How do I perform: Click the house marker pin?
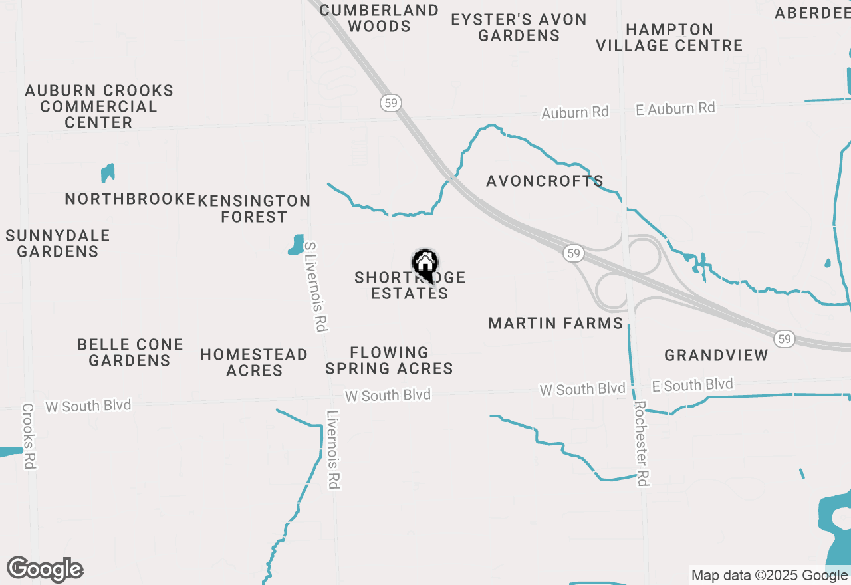point(425,265)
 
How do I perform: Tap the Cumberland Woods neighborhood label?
point(380,19)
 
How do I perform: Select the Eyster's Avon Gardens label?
point(519,27)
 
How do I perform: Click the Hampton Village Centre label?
point(669,37)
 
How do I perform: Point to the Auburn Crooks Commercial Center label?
point(99,106)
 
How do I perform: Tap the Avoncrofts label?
point(545,181)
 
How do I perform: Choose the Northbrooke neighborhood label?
point(130,199)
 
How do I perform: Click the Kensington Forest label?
point(254,209)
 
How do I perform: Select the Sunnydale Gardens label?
point(58,243)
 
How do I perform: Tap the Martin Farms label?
point(555,324)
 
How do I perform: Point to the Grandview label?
point(716,355)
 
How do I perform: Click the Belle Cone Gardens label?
point(130,352)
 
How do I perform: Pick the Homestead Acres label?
point(254,362)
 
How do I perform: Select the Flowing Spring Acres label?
point(390,360)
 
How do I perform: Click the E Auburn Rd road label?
point(675,108)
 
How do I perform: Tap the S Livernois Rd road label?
point(316,287)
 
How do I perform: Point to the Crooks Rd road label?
point(28,436)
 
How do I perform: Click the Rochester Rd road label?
point(642,443)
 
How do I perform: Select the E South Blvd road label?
point(692,385)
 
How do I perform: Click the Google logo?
point(45,570)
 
